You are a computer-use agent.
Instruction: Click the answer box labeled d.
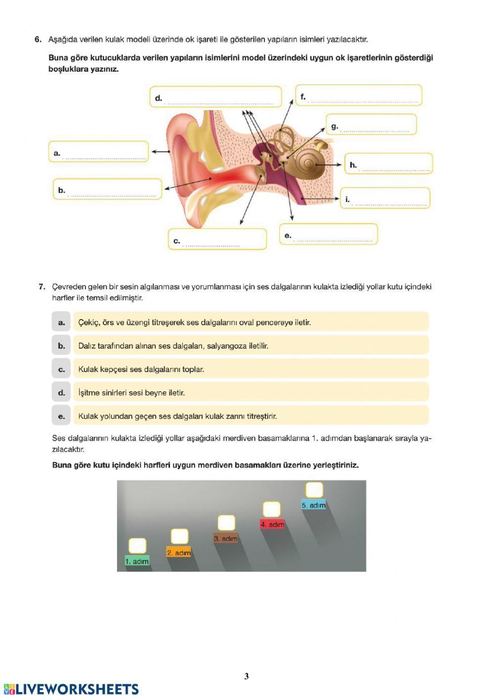point(216,97)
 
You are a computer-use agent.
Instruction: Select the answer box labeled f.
point(359,95)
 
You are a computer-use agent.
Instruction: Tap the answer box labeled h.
point(389,164)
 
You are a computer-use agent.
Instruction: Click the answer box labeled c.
point(217,239)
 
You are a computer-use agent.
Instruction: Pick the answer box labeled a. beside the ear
point(98,152)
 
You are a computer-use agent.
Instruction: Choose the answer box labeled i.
point(385,198)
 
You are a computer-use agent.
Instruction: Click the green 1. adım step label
point(137,561)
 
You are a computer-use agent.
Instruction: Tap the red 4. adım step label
point(273,525)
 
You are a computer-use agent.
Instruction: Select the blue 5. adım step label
point(314,505)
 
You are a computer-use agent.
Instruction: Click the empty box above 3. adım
point(226,523)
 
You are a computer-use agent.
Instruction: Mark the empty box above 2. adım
point(179,536)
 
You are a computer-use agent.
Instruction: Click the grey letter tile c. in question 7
point(61,369)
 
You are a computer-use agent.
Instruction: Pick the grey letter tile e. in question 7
point(61,416)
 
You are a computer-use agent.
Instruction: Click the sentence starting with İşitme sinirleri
point(131,393)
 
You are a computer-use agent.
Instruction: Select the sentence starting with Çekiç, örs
point(194,322)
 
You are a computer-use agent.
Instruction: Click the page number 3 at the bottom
point(247,676)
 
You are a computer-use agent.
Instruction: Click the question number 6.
point(38,40)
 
